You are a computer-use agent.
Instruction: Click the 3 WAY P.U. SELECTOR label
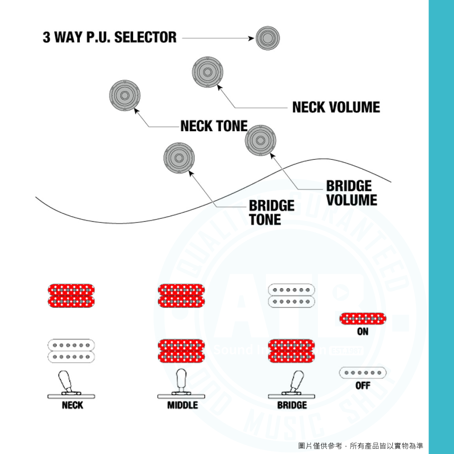109,37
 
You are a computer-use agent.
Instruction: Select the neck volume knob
207,72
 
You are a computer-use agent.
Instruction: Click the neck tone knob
124,95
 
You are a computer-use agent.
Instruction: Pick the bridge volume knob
260,140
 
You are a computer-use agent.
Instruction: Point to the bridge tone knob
179,158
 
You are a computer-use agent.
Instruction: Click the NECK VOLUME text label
336,107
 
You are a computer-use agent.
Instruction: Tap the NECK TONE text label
214,126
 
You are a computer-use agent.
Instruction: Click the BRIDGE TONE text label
271,212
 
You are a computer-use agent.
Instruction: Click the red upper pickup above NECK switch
71,296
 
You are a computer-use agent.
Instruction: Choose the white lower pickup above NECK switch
71,351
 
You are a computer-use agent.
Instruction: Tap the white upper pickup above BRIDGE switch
291,296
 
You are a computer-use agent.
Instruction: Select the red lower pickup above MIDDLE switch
181,351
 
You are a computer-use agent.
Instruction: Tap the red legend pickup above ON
363,319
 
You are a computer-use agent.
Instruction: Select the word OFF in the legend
363,385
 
